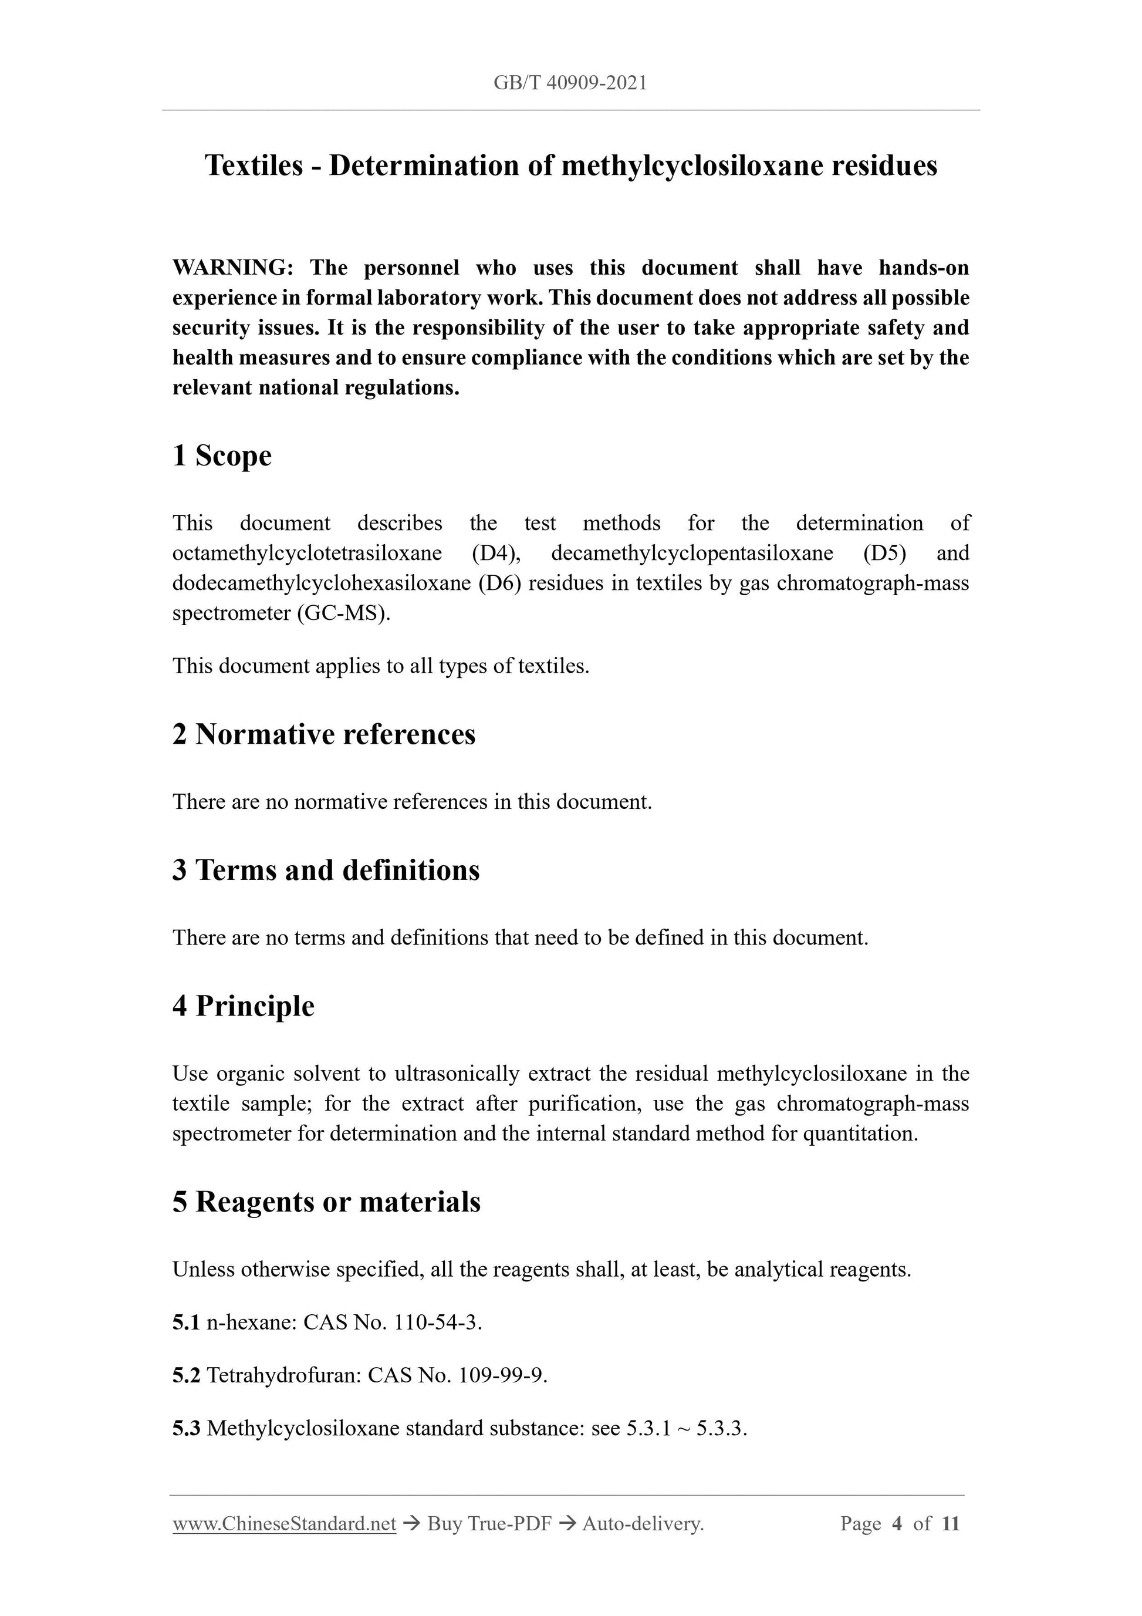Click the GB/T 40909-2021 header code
point(570,83)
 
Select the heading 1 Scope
point(222,456)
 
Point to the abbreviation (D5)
point(884,553)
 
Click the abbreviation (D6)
point(499,583)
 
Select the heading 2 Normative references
point(324,734)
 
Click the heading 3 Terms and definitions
point(326,870)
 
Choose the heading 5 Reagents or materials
point(326,1202)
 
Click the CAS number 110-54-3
point(438,1323)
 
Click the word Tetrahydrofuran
point(283,1375)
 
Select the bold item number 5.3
point(187,1428)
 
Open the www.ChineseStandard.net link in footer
point(284,1524)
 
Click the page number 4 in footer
point(897,1524)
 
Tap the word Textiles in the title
point(254,166)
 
